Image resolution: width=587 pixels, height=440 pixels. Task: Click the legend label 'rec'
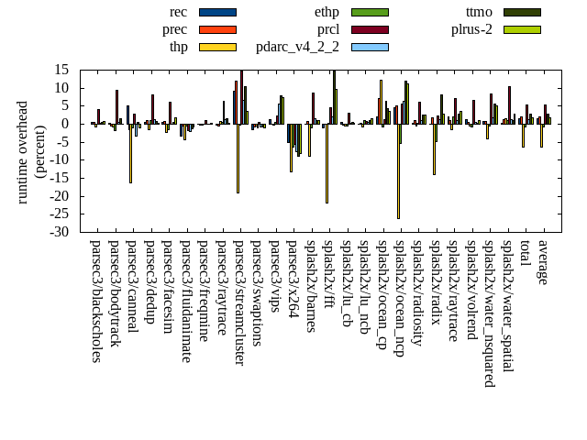tap(178, 12)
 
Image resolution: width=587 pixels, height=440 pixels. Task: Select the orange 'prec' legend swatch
tap(217, 29)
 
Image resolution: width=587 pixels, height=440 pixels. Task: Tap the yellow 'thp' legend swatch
tap(217, 47)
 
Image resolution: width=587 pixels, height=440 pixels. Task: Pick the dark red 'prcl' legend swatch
tap(370, 29)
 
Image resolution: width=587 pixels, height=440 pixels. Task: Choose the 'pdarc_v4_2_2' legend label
tap(297, 47)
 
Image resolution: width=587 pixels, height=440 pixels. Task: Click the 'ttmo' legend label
tap(479, 12)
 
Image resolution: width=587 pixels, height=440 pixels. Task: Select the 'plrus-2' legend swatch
tap(521, 29)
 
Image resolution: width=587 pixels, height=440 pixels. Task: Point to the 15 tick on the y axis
tap(61, 70)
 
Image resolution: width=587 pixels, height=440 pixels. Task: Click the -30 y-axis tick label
tap(59, 232)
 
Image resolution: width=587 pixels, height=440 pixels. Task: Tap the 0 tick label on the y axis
tap(66, 124)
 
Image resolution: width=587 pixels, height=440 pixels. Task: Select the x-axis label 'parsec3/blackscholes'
tap(95, 301)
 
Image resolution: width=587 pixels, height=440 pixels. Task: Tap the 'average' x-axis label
tap(543, 261)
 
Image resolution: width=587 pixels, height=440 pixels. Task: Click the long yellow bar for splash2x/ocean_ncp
tap(398, 170)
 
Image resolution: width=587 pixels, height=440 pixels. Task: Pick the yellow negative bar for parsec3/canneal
tap(130, 153)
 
